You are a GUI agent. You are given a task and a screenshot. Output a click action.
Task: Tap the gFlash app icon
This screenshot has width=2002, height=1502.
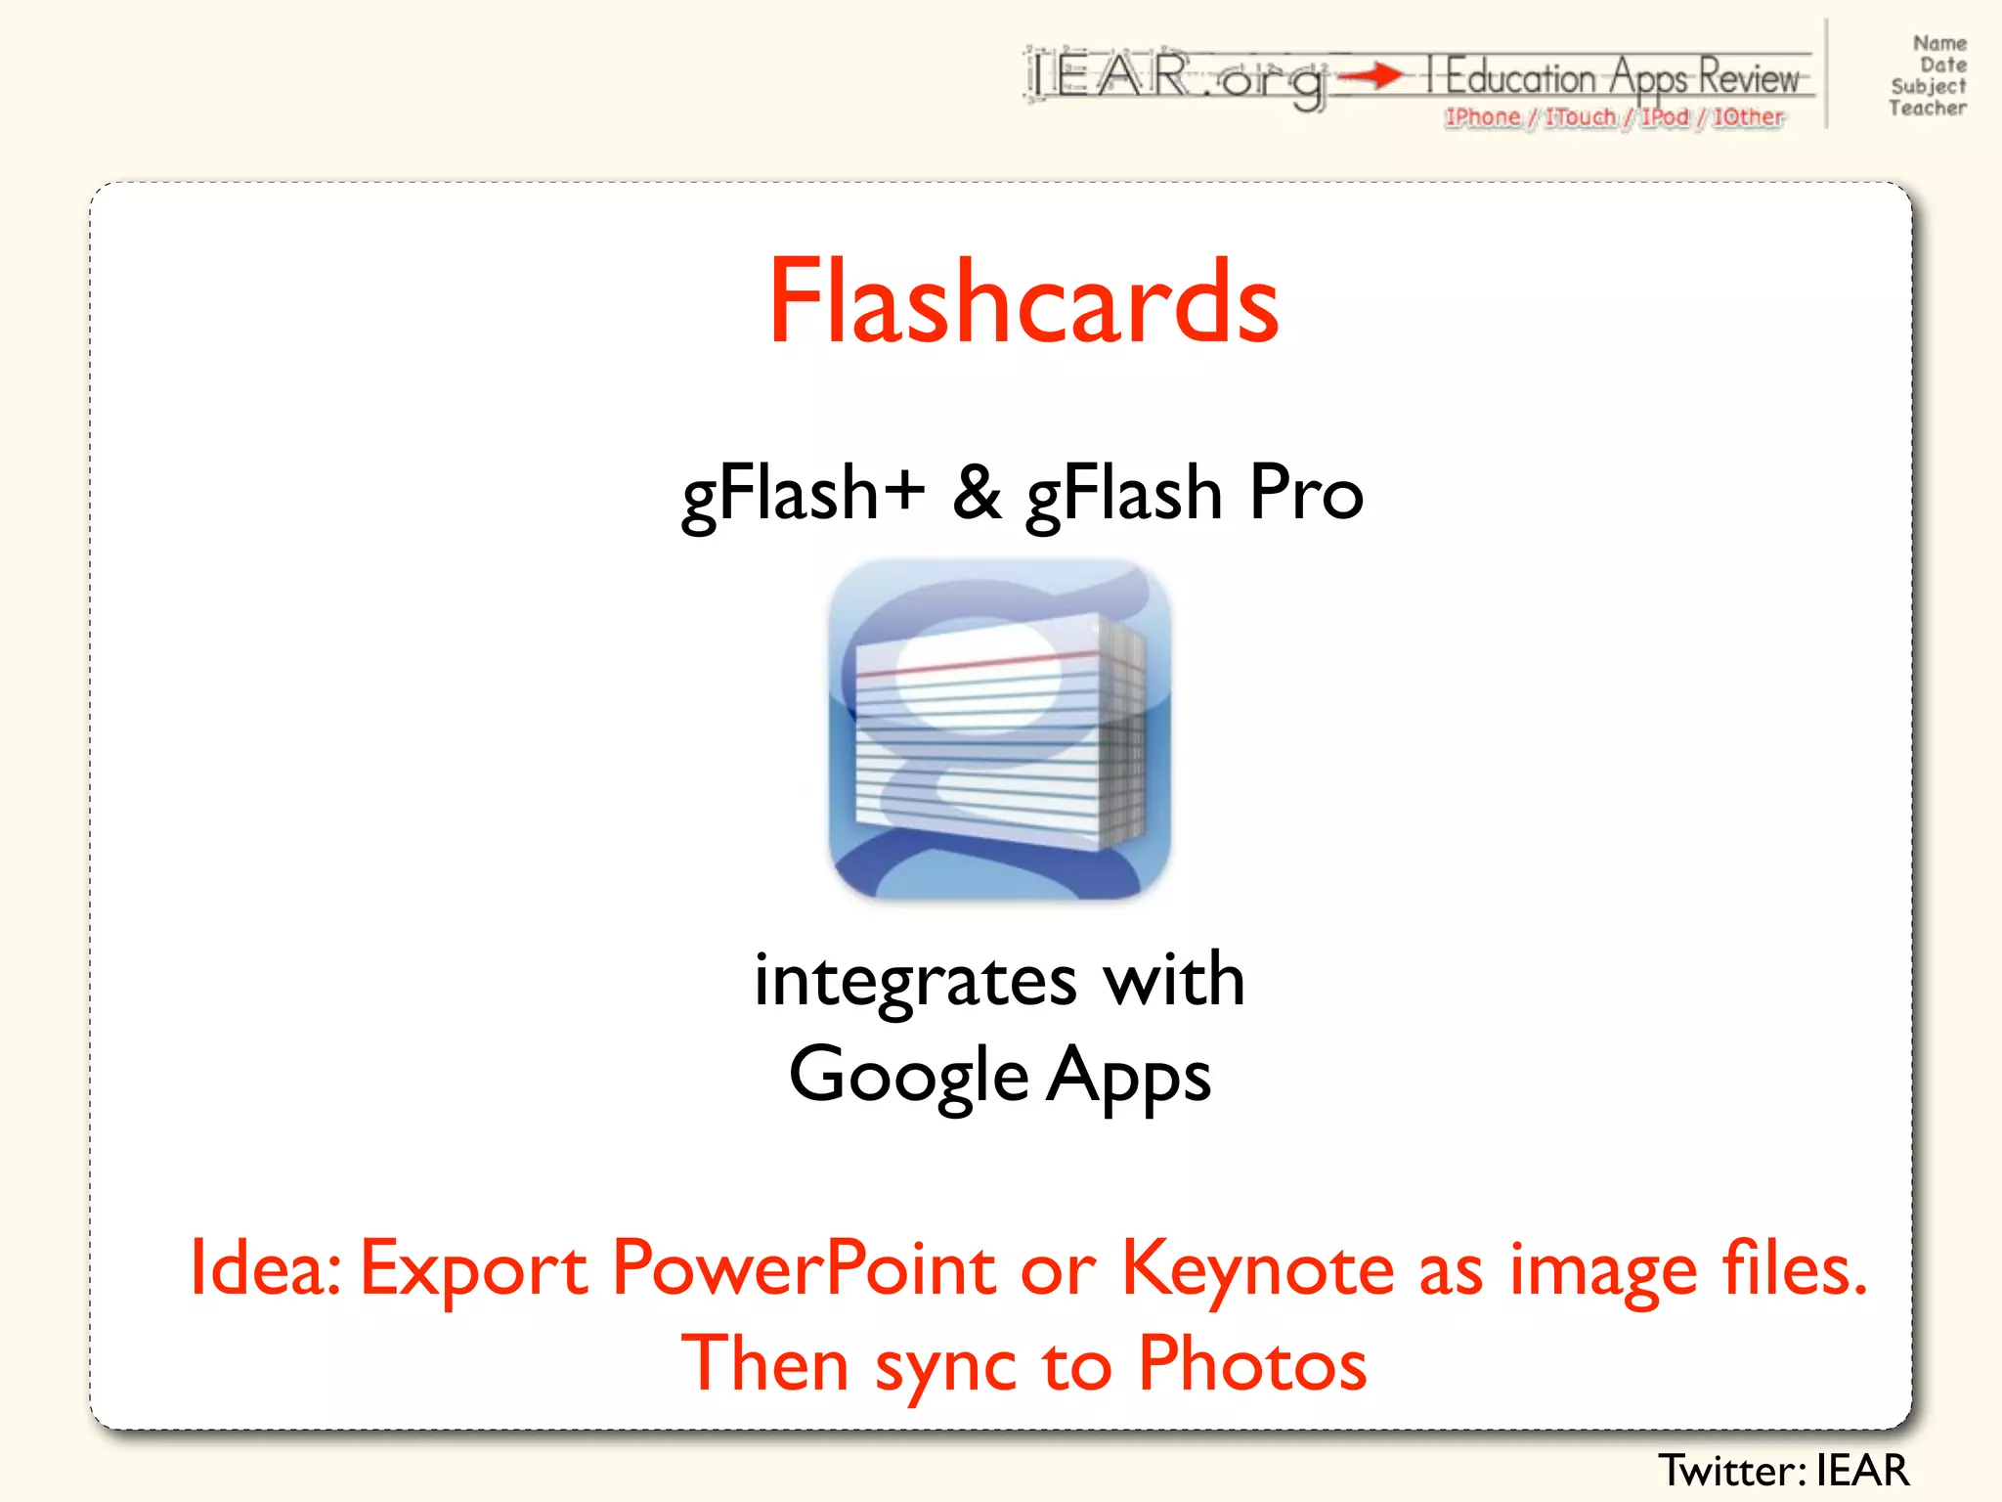coord(999,729)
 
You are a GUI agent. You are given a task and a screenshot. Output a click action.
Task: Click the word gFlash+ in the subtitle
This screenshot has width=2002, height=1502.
coord(803,493)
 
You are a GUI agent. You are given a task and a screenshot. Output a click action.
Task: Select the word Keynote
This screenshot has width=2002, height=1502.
coord(1257,1268)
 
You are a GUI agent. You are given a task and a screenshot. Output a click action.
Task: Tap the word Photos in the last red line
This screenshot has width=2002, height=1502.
coord(1252,1363)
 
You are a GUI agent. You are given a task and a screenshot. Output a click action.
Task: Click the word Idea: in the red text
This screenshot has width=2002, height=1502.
coord(265,1268)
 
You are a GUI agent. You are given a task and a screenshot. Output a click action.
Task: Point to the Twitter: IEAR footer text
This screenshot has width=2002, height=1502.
coord(1783,1471)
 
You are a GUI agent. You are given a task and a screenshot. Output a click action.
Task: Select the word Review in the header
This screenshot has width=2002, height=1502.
coord(1749,76)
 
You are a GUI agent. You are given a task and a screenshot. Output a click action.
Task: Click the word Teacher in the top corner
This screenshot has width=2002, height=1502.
coord(1927,109)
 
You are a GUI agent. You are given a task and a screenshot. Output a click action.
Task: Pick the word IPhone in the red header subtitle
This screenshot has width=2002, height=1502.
coord(1483,117)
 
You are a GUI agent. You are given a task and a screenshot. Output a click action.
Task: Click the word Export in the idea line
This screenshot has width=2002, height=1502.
coord(474,1268)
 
